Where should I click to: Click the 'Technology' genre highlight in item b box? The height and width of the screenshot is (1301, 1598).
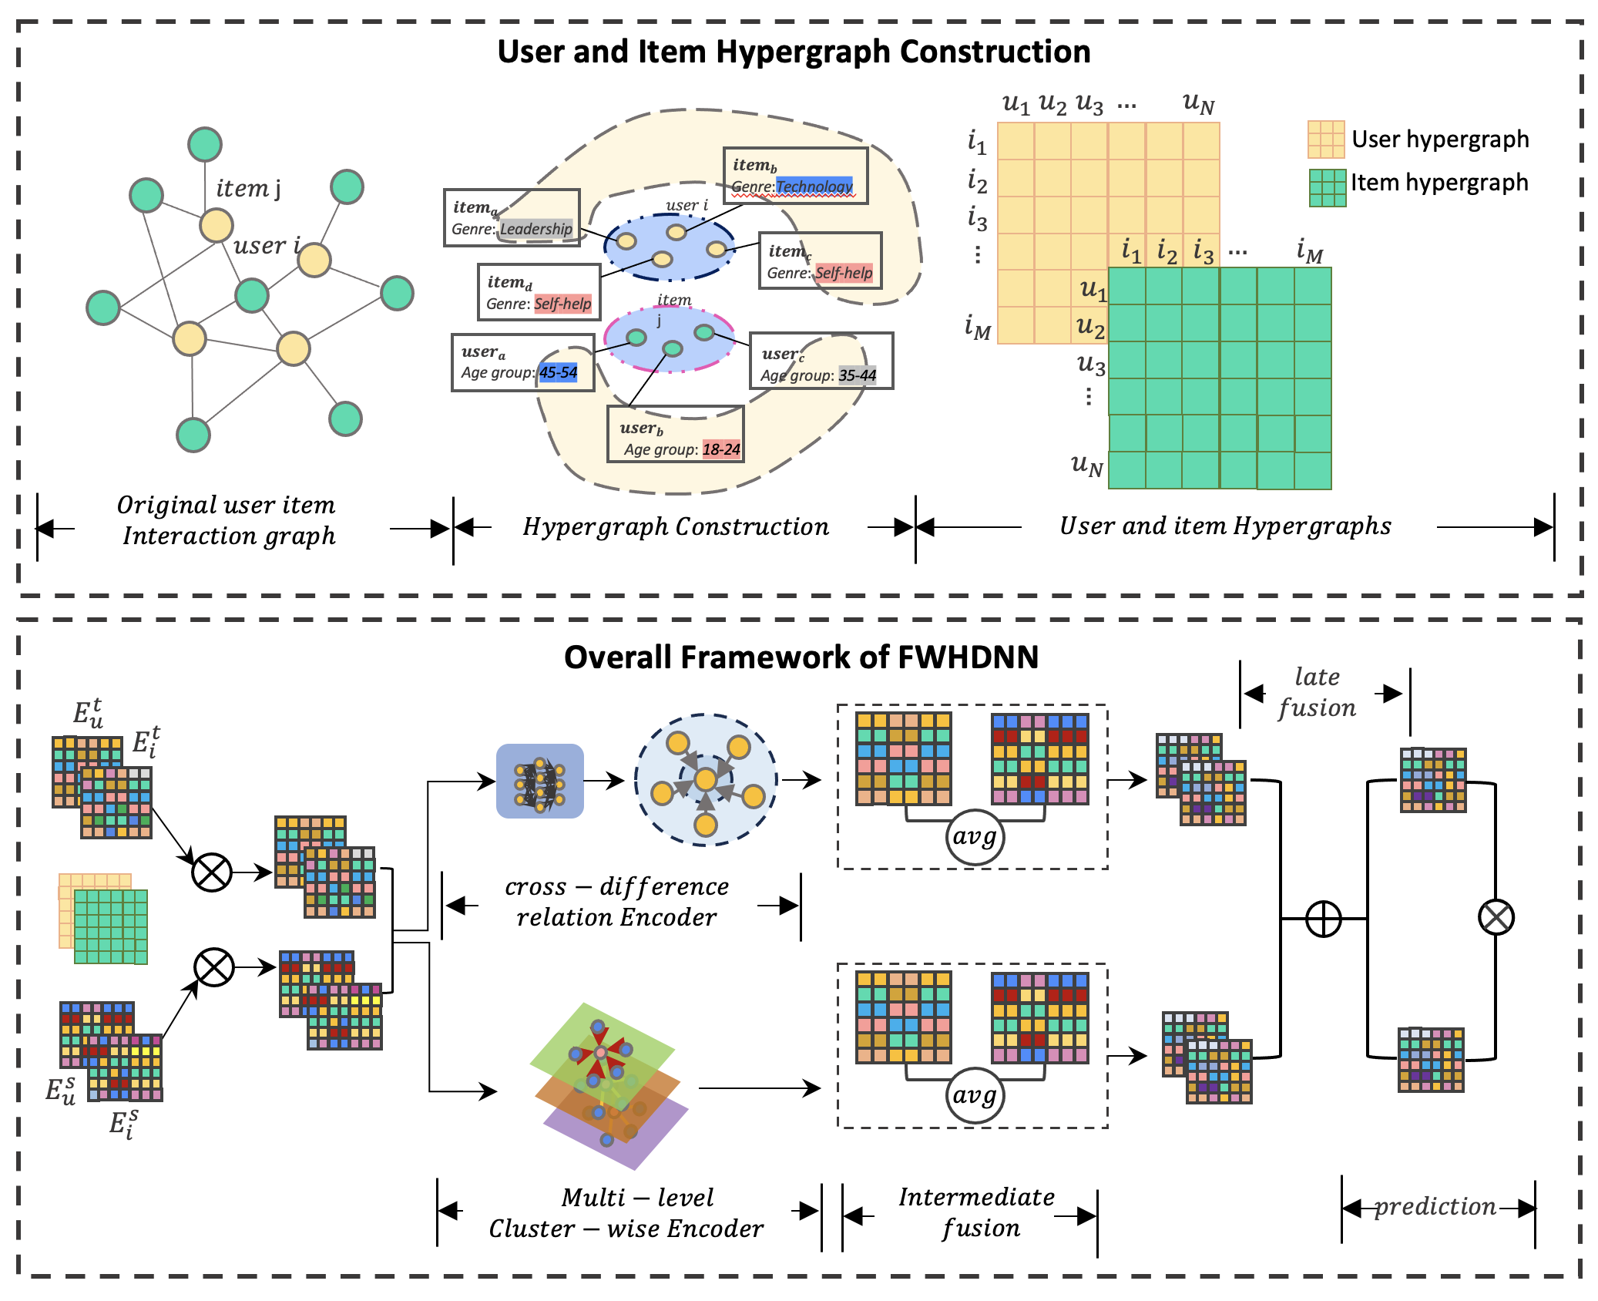pyautogui.click(x=814, y=186)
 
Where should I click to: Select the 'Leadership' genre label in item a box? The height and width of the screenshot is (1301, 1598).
pyautogui.click(x=536, y=229)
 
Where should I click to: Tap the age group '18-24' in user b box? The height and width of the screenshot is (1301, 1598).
pyautogui.click(x=721, y=449)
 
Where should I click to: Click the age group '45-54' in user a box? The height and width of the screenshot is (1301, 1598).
pyautogui.click(x=558, y=372)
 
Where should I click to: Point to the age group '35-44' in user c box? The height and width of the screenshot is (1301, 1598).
pyautogui.click(x=857, y=375)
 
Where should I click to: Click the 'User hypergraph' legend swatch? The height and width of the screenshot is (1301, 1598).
pyautogui.click(x=1325, y=140)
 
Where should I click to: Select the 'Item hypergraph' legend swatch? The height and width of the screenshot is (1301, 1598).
pyautogui.click(x=1327, y=187)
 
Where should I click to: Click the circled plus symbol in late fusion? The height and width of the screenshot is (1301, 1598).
pyautogui.click(x=1323, y=919)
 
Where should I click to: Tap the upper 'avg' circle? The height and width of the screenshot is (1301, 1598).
pyautogui.click(x=974, y=836)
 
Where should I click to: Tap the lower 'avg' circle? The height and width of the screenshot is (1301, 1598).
pyautogui.click(x=974, y=1094)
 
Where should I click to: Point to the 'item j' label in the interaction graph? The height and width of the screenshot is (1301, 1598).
pyautogui.click(x=248, y=188)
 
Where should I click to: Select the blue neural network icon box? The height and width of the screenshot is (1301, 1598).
pyautogui.click(x=539, y=781)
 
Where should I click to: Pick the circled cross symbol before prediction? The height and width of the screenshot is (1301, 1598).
pyautogui.click(x=1496, y=917)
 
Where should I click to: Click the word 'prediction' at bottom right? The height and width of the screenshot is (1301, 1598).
pyautogui.click(x=1435, y=1206)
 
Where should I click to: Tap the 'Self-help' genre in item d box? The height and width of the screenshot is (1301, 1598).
pyautogui.click(x=562, y=304)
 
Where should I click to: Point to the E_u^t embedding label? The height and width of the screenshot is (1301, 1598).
pyautogui.click(x=88, y=714)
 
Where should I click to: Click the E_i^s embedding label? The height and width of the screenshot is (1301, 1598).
pyautogui.click(x=123, y=1124)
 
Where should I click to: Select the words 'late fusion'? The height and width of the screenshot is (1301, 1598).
pyautogui.click(x=1317, y=692)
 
